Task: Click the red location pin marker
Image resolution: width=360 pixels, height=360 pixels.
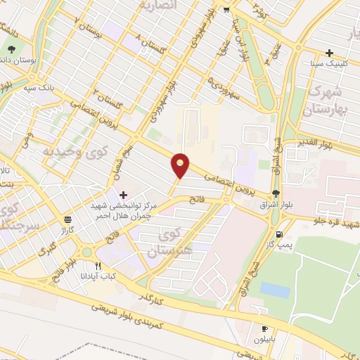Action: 181,165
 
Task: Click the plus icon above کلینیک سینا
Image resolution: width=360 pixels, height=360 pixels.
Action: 329,53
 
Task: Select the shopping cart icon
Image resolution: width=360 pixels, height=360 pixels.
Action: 226,10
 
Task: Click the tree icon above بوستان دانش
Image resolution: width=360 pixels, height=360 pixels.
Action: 12,49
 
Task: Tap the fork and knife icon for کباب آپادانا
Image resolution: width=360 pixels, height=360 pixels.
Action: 98,266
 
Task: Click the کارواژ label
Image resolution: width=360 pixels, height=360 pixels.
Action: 67,229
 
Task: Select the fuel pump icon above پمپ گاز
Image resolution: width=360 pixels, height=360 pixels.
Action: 281,233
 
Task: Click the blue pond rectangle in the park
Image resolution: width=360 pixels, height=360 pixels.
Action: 274,289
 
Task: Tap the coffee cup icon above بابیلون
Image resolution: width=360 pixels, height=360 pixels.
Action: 265,328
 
